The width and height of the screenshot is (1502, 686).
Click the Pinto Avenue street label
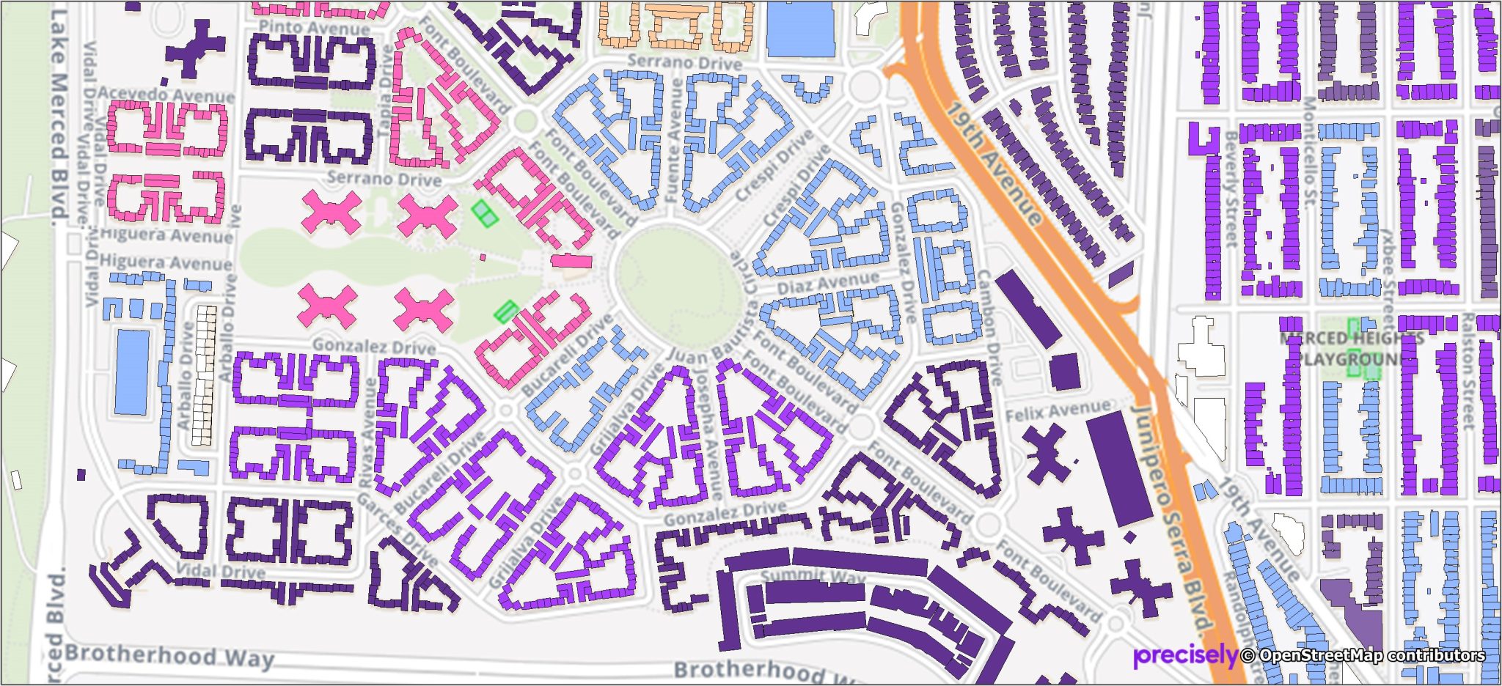[x=314, y=28]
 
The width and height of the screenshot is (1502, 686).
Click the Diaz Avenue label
[x=828, y=283]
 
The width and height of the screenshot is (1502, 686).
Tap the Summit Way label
[x=813, y=578]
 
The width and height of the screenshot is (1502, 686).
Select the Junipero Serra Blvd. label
[x=1173, y=513]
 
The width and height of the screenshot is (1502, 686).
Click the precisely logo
[x=1185, y=655]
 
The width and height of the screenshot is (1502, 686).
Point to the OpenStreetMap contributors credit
[x=1364, y=655]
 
